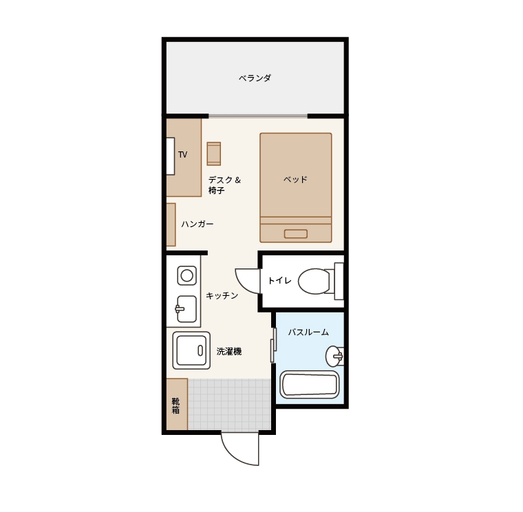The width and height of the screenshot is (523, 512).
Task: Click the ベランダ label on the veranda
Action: (255, 78)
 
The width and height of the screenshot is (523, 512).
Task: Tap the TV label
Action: (182, 154)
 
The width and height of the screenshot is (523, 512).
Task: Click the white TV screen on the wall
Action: (171, 156)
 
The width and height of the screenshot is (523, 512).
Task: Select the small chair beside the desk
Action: (214, 153)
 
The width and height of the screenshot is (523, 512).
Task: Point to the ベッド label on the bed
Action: (295, 180)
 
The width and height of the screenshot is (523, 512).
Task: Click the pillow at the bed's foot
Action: (296, 234)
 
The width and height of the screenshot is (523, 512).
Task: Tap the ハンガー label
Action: (198, 224)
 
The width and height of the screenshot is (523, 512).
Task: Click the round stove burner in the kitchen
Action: (186, 275)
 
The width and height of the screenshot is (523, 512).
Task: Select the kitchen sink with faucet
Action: (186, 309)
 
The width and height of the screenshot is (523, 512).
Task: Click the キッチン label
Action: (222, 295)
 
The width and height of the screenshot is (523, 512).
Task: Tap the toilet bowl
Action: (314, 281)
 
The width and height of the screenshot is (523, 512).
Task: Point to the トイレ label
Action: (279, 281)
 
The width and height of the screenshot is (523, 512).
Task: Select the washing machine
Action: (191, 350)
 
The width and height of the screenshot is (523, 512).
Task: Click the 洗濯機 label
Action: (228, 351)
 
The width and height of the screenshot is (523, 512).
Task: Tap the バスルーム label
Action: (308, 332)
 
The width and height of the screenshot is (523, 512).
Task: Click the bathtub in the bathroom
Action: (310, 385)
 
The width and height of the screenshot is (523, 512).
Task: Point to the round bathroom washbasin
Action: (334, 356)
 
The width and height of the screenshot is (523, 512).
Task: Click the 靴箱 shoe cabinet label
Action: (175, 405)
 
